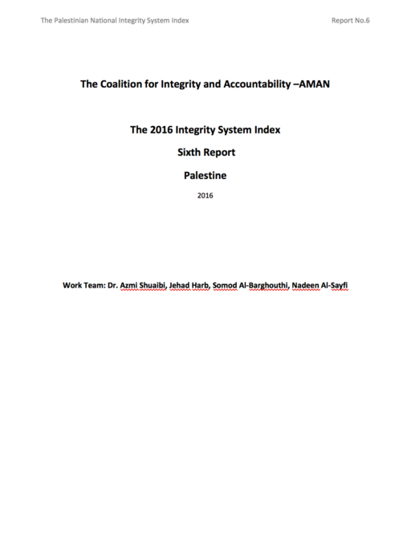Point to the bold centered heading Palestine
(205, 173)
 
